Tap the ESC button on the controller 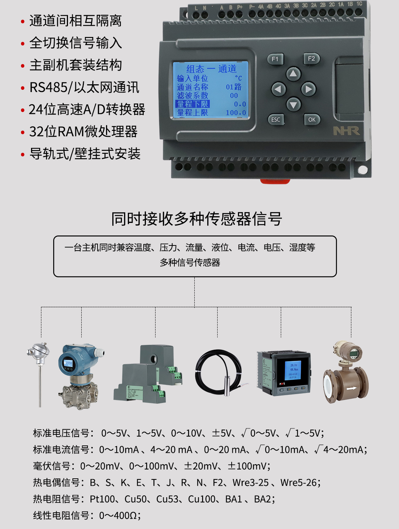tap(276, 120)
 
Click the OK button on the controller tap(312, 119)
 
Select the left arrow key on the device tap(279, 89)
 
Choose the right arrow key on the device tap(308, 89)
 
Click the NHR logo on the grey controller tap(346, 131)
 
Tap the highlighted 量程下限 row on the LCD tap(192, 104)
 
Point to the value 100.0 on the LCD tap(236, 113)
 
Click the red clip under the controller tap(275, 181)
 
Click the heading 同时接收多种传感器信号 tap(197, 219)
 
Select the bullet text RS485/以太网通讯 tap(84, 88)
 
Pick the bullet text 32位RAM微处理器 tap(83, 132)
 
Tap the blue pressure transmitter tap(79, 375)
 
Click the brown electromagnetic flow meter tap(346, 373)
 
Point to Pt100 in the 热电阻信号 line tap(102, 499)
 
